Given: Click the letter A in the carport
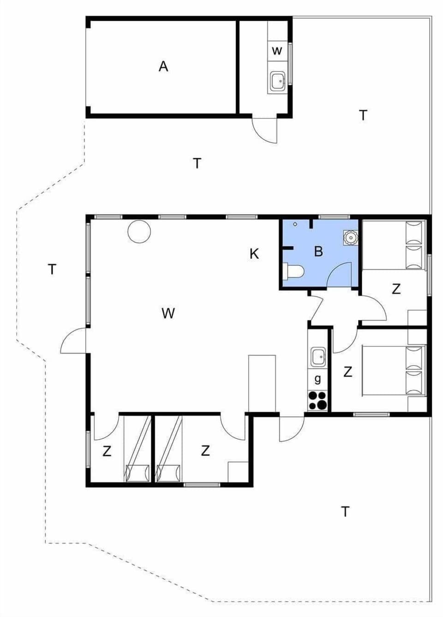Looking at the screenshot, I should [x=163, y=66].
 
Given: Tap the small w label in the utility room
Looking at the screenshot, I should [x=276, y=51].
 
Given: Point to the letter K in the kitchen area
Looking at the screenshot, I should [x=254, y=253].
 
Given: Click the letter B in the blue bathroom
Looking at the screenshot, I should [x=318, y=252].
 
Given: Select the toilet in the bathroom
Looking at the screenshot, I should [x=294, y=271].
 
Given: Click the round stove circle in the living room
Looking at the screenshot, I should [x=139, y=231].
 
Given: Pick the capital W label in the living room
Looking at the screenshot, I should [x=168, y=313].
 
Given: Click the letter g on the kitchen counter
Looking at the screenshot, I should [x=317, y=379].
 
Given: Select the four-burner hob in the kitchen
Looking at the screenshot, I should [x=317, y=400].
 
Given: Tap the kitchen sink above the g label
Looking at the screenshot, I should [x=318, y=357].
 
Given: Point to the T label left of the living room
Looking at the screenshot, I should [x=52, y=269].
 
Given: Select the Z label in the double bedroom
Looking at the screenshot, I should [x=347, y=371].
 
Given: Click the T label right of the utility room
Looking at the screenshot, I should [x=363, y=115].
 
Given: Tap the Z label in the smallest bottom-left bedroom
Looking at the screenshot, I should [x=107, y=451].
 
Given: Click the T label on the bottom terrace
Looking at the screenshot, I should [x=345, y=511].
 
